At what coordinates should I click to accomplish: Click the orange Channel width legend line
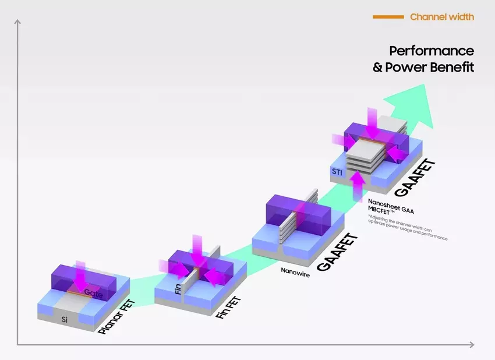[388, 17]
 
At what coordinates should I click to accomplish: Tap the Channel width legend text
[441, 17]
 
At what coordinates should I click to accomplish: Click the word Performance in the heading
[432, 51]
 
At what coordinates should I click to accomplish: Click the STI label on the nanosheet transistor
[337, 171]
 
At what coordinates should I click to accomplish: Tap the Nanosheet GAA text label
[390, 201]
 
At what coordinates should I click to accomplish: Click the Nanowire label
[295, 271]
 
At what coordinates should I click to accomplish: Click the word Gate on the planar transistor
[94, 292]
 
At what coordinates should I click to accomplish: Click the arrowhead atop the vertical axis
[17, 23]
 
